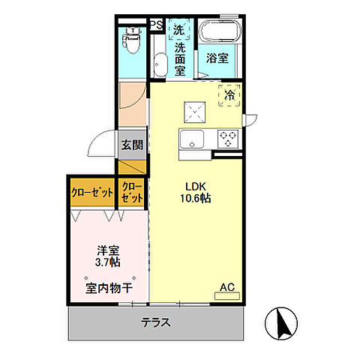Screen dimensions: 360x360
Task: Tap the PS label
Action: click(x=157, y=25)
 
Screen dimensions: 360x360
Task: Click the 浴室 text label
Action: click(x=218, y=57)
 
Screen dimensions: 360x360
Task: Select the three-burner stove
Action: click(x=229, y=138)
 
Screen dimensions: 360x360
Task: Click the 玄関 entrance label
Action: click(x=132, y=145)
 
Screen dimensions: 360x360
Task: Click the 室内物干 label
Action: click(x=109, y=286)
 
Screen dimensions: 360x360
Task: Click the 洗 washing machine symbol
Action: click(x=178, y=30)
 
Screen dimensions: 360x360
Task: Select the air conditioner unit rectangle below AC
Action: click(x=228, y=295)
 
